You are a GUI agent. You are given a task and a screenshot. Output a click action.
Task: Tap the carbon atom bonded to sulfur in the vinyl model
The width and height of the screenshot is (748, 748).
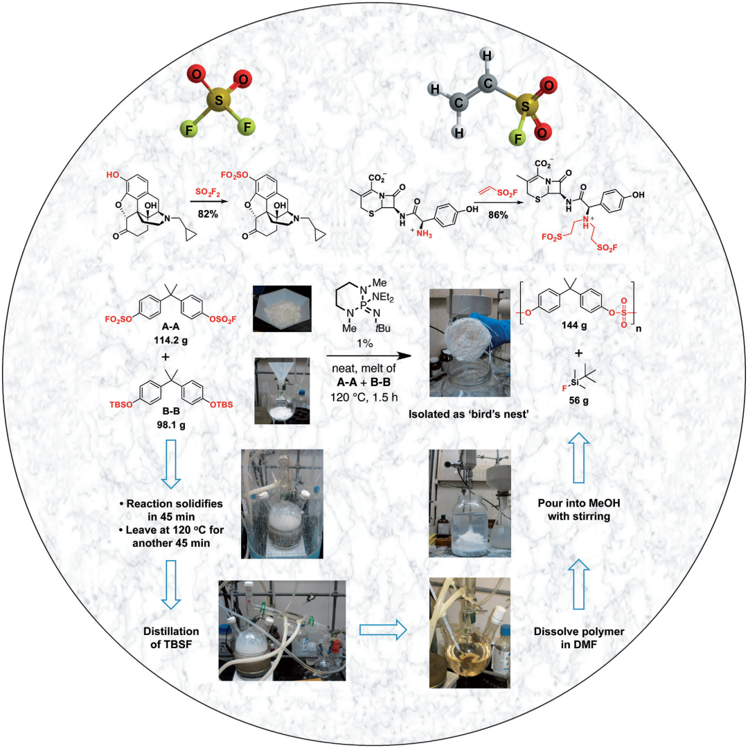pos(487,83)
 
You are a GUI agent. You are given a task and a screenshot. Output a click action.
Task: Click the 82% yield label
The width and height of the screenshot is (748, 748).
pos(208,215)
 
